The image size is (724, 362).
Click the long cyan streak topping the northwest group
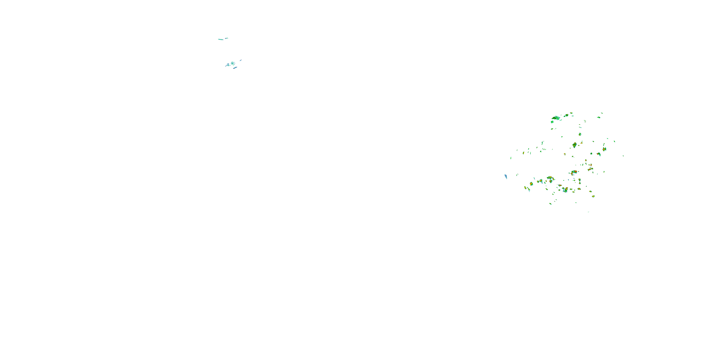coord(221,39)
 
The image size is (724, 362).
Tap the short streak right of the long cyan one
coord(227,38)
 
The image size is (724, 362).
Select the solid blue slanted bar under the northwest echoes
coord(235,68)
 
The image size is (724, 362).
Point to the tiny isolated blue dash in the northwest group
coord(241,60)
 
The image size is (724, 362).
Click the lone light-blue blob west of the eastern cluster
coord(506,176)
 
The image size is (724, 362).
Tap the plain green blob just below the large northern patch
coord(552,122)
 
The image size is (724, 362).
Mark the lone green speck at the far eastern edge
coord(623,156)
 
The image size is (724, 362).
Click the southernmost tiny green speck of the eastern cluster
coord(588,212)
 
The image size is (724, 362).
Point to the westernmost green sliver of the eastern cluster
coord(511,158)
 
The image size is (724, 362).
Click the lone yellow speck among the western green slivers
coord(523,153)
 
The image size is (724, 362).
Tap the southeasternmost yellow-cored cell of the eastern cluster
coord(593,196)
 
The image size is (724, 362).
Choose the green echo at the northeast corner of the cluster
coord(602,113)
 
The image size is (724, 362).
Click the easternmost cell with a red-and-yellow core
coord(604,149)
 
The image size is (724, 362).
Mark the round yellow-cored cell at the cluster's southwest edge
coord(525,188)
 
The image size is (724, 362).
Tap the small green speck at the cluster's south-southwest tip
coord(550,203)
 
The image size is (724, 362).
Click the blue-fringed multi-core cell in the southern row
coord(565,190)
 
